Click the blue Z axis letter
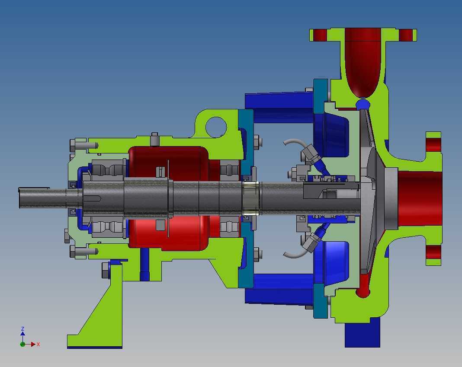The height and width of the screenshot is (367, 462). click(x=22, y=329)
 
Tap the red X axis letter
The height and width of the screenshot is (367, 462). click(x=38, y=344)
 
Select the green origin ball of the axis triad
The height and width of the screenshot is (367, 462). click(x=22, y=344)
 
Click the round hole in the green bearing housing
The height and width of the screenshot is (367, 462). click(x=216, y=127)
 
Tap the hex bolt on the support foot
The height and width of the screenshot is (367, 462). click(x=106, y=271)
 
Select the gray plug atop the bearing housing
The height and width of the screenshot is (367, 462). click(x=155, y=139)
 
